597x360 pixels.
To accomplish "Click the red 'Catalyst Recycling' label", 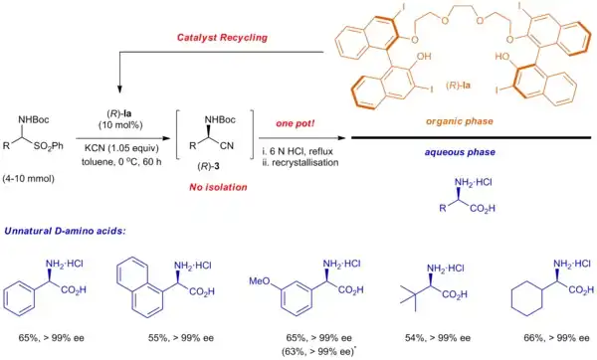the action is [222, 38].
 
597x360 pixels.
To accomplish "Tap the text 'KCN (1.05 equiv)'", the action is [121, 148].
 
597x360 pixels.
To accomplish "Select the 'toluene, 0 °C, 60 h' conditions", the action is [121, 162].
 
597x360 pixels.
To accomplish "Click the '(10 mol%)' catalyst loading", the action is [120, 125].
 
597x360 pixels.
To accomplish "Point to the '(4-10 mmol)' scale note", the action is [28, 178].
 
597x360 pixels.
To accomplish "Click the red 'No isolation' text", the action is [218, 187].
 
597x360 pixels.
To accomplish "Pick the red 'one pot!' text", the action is [296, 123].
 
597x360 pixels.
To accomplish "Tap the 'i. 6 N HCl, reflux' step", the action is [298, 151].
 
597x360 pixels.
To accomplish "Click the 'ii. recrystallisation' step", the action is [300, 162].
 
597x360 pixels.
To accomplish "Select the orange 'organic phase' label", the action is [460, 121].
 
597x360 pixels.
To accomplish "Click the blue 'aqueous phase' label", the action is [460, 152].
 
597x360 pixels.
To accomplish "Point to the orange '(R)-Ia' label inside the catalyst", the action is [458, 86].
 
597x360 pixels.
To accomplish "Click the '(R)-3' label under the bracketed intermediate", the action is [208, 166].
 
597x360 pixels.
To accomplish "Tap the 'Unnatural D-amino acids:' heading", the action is [65, 231].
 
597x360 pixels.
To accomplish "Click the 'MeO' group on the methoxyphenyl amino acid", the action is [260, 281].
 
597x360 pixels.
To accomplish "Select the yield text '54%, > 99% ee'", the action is [438, 338].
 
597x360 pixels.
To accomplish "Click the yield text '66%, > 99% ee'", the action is [556, 338].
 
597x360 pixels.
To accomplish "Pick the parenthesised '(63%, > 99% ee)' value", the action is [318, 352].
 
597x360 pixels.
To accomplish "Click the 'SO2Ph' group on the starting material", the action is [49, 146].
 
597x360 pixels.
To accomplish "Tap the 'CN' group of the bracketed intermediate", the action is [227, 146].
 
